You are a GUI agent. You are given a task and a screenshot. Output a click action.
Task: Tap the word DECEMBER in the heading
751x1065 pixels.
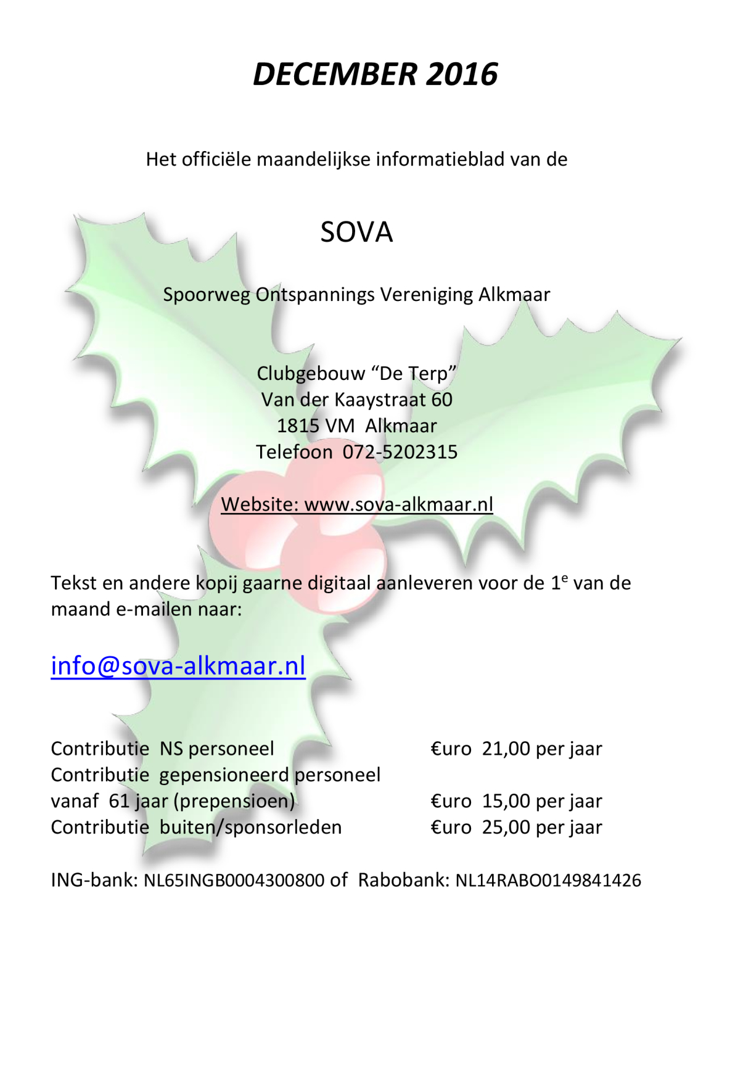point(335,75)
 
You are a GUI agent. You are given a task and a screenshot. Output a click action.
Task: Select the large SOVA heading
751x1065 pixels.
point(356,232)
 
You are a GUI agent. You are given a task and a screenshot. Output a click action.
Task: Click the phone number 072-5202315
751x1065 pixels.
point(400,452)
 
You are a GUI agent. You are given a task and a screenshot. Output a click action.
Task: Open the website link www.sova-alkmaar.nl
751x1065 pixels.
point(398,504)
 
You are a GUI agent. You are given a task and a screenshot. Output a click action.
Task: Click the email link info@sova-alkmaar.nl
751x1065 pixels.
point(178,666)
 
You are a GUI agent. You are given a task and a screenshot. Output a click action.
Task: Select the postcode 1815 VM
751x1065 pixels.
point(316,426)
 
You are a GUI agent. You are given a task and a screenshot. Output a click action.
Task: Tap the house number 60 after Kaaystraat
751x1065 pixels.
point(441,400)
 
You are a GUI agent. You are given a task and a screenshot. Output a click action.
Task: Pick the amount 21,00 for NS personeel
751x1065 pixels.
point(506,749)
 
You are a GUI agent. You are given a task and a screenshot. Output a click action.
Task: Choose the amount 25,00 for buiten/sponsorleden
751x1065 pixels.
point(506,828)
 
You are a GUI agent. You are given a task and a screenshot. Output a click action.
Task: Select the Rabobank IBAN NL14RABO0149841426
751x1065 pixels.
point(548,880)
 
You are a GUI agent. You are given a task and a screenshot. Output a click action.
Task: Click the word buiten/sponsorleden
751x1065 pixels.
point(250,828)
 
